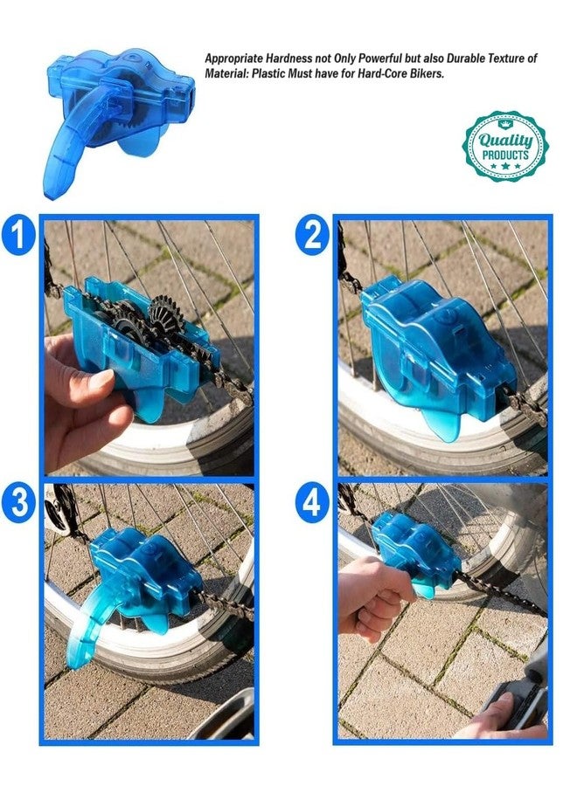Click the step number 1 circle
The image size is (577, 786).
[x=18, y=235]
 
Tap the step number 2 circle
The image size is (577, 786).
[x=312, y=235]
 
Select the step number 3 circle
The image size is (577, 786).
[x=18, y=503]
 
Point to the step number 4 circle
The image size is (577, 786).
[x=312, y=503]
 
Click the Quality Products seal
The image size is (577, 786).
[x=504, y=147]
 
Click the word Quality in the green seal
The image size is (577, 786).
[x=505, y=141]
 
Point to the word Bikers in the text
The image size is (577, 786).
[x=428, y=73]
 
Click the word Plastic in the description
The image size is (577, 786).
[x=268, y=73]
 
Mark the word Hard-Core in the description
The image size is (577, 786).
[x=386, y=73]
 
